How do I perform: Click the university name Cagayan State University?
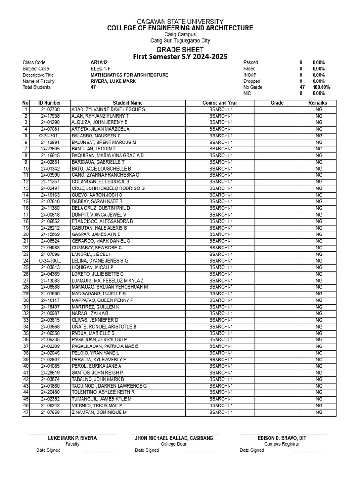(180, 22)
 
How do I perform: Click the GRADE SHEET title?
(180, 50)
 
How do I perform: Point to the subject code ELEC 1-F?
(102, 69)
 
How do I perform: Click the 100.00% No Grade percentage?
(321, 87)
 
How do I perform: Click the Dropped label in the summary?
(252, 81)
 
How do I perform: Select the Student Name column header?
(127, 103)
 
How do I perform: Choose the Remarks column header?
(318, 103)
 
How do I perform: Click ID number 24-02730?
(50, 109)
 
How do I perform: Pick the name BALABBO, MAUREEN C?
(96, 135)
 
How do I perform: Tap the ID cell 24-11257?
(50, 181)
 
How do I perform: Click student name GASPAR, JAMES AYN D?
(96, 234)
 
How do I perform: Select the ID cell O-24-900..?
(50, 261)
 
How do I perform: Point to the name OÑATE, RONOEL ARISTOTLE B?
(104, 326)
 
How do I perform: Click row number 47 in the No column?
(26, 412)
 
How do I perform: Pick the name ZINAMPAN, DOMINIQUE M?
(99, 412)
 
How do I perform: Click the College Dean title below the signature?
(174, 444)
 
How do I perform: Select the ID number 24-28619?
(50, 373)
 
